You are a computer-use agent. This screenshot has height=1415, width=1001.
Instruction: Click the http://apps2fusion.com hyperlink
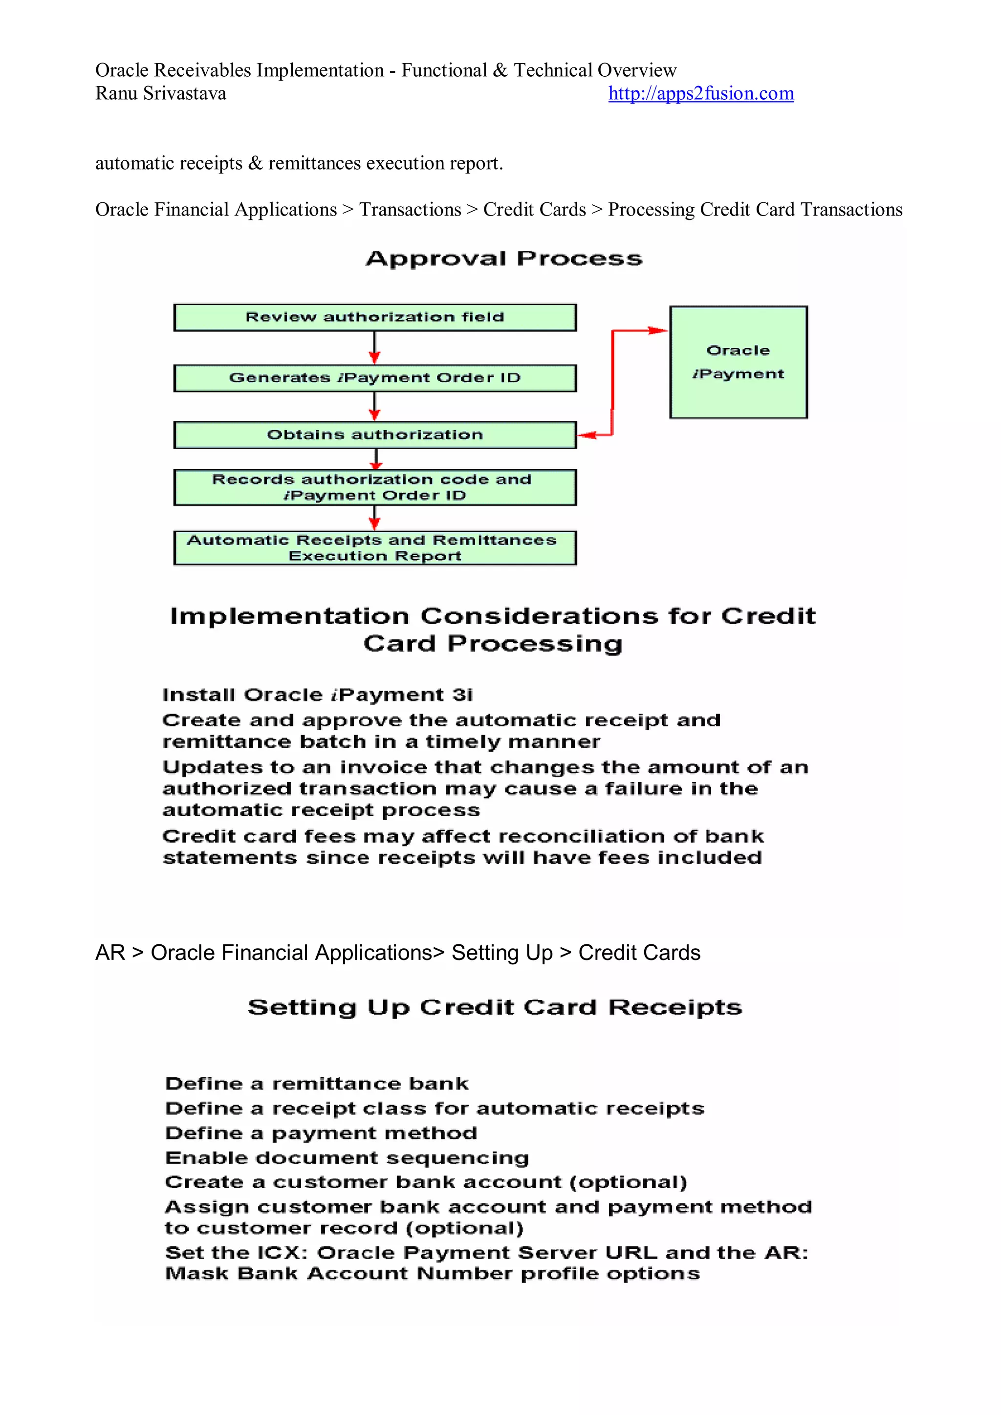click(x=701, y=94)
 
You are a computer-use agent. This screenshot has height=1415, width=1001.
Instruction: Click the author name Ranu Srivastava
click(x=160, y=94)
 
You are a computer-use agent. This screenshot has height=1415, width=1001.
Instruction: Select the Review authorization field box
click(x=375, y=317)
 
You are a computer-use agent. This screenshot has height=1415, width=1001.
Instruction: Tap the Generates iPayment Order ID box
click(x=375, y=378)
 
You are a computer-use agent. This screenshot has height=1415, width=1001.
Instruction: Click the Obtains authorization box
click(x=375, y=435)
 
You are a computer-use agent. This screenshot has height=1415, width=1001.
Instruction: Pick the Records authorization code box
click(x=375, y=487)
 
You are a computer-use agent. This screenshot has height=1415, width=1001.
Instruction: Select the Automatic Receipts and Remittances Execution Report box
click(x=375, y=548)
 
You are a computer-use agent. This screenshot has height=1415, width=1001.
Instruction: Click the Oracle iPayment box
click(x=739, y=362)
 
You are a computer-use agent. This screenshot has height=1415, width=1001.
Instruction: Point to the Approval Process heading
click(x=503, y=259)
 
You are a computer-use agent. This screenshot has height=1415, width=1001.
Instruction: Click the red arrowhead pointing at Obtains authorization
click(x=588, y=435)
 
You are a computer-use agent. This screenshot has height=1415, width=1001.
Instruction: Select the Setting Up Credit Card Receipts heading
click(x=494, y=1007)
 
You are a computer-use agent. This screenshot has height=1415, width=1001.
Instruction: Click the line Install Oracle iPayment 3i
click(x=317, y=695)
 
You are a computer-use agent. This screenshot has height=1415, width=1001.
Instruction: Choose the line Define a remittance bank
click(x=317, y=1084)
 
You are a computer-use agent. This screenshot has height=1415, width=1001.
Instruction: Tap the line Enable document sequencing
click(x=347, y=1158)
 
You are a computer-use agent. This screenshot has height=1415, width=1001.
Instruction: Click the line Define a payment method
click(x=321, y=1133)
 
